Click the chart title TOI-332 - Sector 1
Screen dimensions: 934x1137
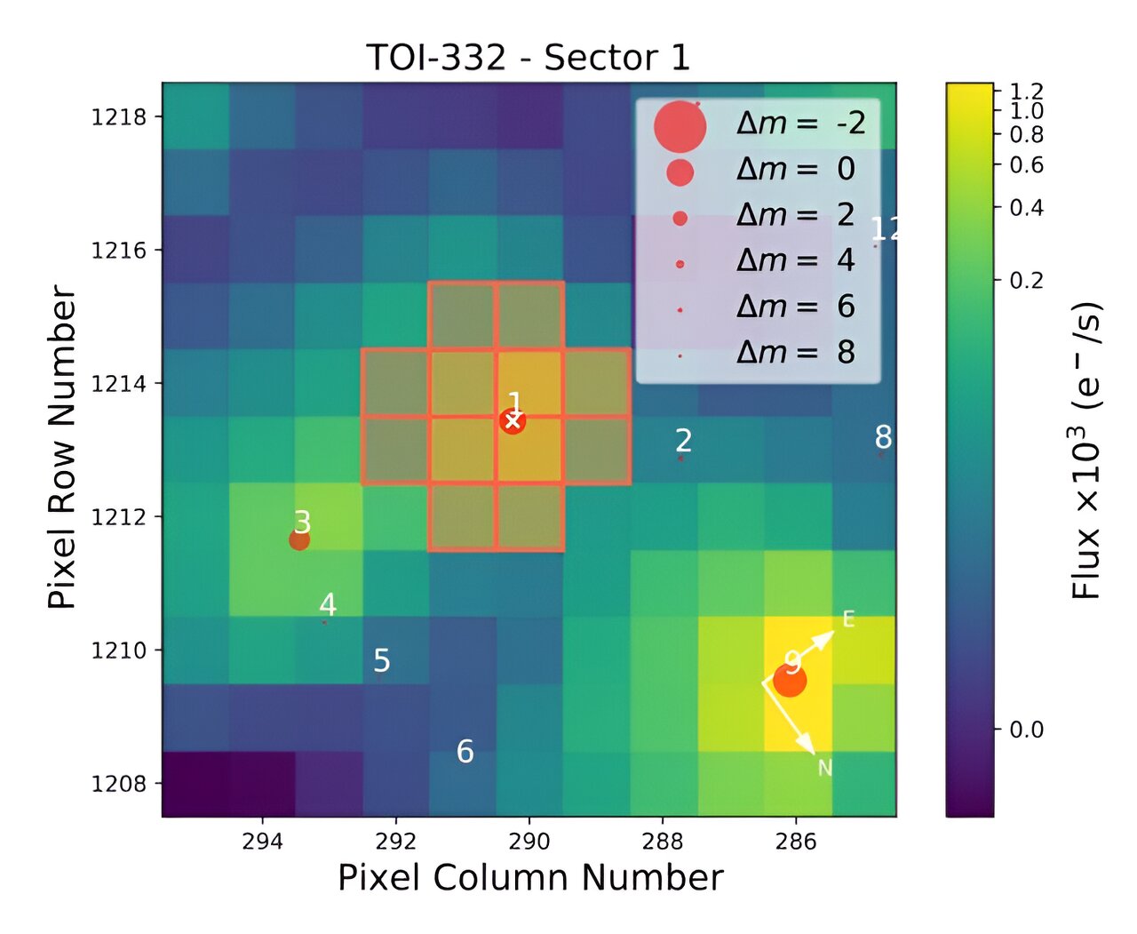pos(528,58)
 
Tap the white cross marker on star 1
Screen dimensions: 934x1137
pos(513,421)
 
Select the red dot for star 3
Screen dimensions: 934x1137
pos(299,539)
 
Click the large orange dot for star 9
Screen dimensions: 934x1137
pos(789,682)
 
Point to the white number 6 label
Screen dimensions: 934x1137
pos(465,752)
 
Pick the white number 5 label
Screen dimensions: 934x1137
pos(382,661)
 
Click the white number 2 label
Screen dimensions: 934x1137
pos(683,441)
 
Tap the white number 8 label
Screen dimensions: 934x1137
pos(883,437)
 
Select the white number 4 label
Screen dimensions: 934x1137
pos(328,605)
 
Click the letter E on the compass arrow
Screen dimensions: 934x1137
pos(848,619)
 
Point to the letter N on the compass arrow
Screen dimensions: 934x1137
pos(824,768)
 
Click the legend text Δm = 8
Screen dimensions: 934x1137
pos(795,353)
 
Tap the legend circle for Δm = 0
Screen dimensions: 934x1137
pos(680,172)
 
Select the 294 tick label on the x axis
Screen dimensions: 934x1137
pos(262,842)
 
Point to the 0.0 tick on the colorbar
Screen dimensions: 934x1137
pos(1026,730)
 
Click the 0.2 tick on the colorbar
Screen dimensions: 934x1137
pos(1026,280)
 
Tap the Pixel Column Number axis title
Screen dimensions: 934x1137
pos(530,878)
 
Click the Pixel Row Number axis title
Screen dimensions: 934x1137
pos(62,447)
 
